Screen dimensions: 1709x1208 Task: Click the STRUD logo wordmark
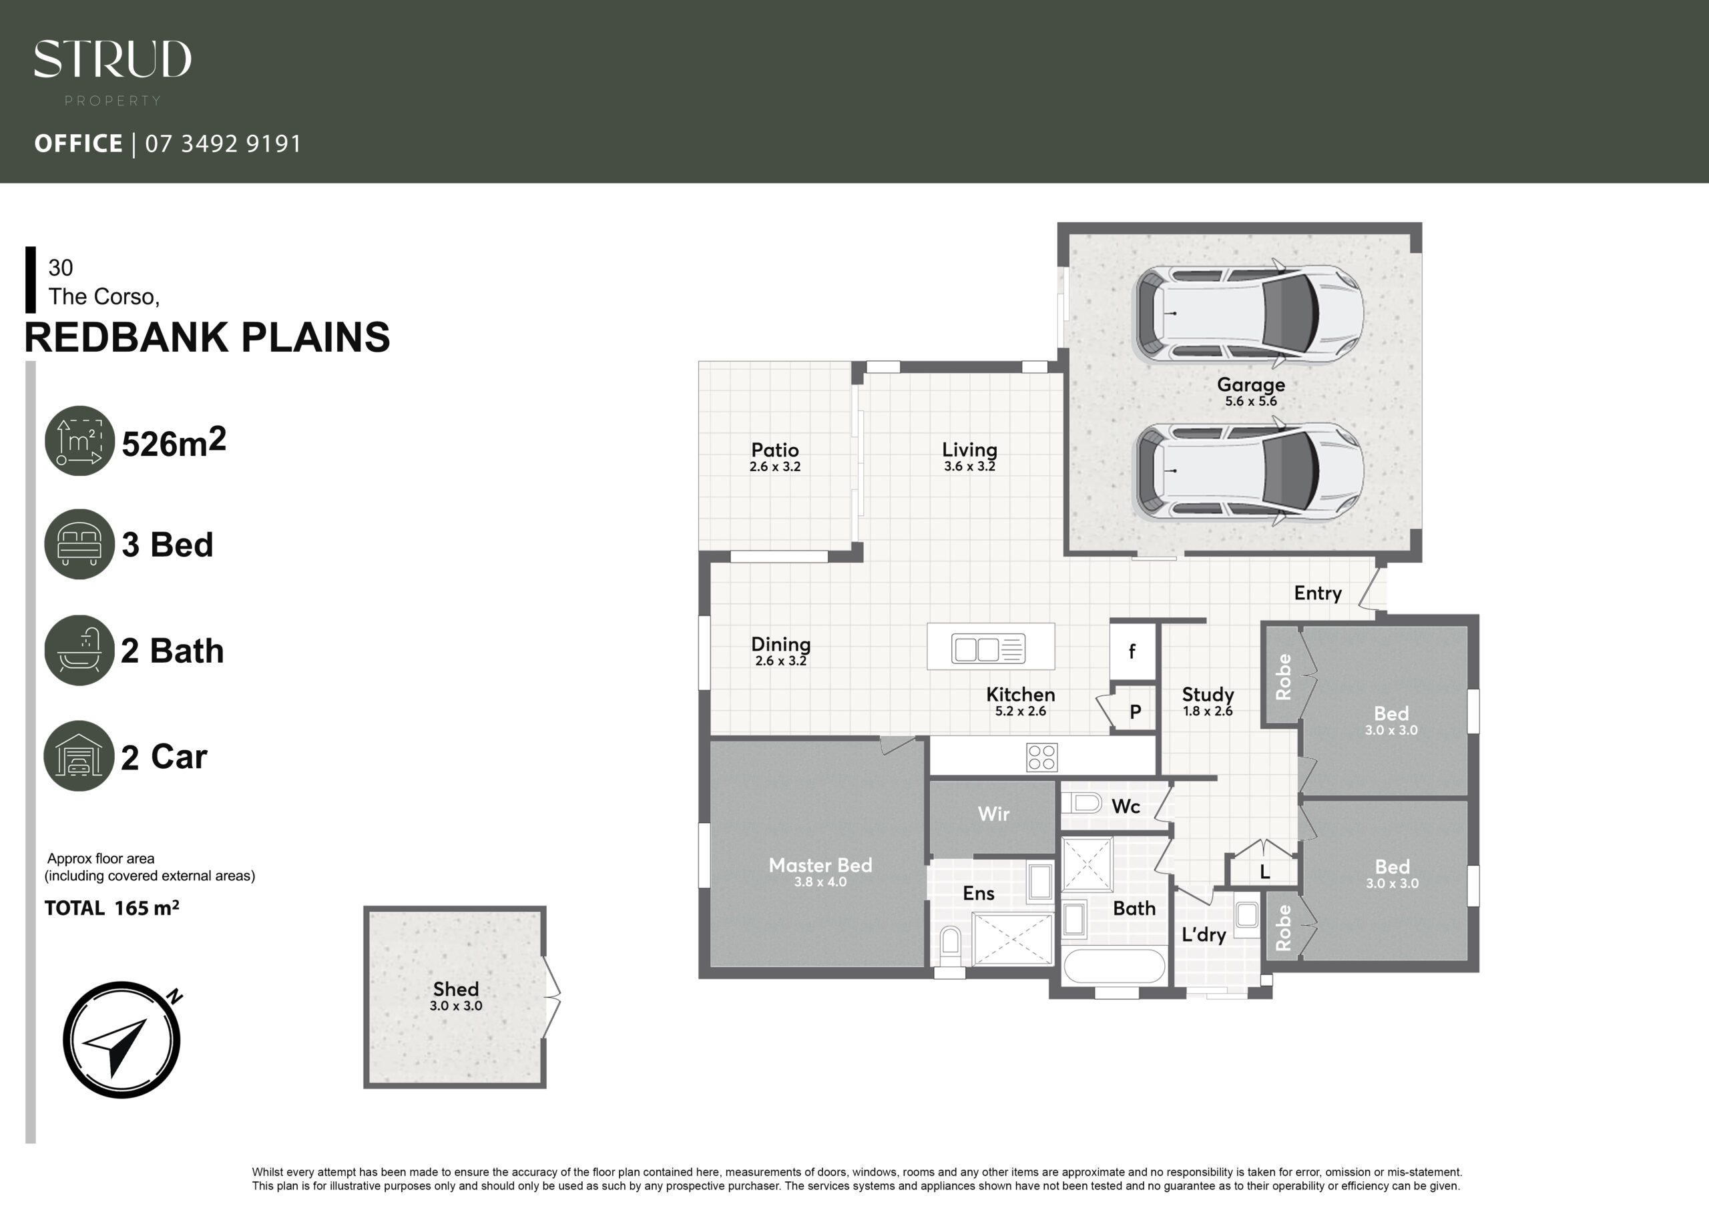112,59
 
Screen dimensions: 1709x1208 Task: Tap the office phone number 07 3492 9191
223,143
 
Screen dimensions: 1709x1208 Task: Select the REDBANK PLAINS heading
207,337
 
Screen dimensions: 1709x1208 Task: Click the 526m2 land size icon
79,440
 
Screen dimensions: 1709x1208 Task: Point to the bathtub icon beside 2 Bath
79,650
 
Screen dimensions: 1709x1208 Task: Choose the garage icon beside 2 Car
79,756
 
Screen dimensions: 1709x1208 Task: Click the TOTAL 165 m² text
111,908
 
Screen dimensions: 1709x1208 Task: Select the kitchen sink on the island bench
988,648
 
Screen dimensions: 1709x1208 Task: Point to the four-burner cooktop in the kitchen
1041,758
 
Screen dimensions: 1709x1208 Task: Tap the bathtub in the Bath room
1114,966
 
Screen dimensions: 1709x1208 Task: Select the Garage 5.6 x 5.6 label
1250,392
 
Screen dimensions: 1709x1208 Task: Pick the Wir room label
994,814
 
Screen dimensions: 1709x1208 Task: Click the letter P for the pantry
1135,712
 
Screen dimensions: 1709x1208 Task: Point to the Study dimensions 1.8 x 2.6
1208,711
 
